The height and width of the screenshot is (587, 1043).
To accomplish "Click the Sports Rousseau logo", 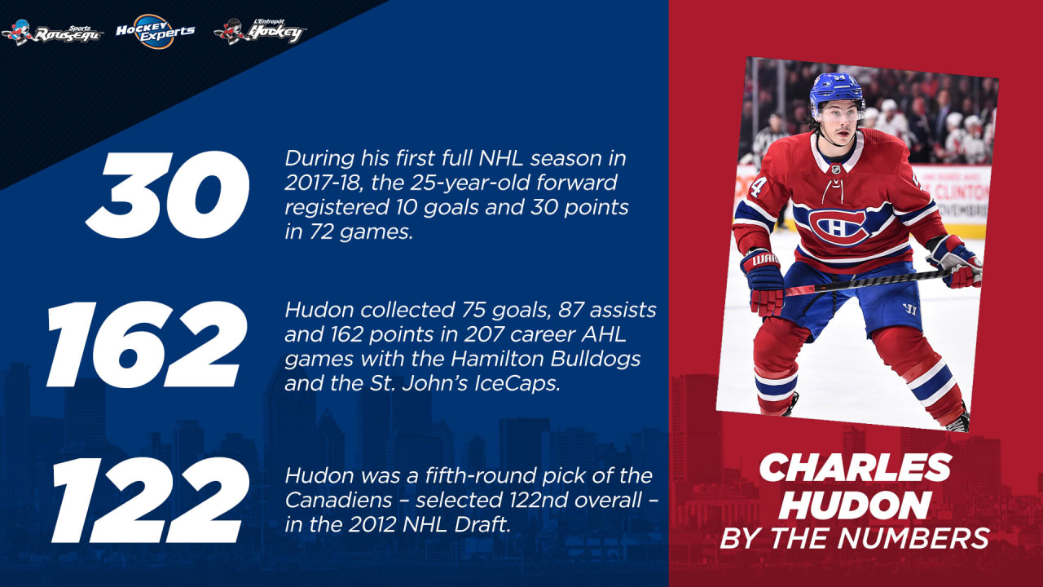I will tap(52, 32).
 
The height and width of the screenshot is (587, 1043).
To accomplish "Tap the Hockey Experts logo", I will tap(155, 31).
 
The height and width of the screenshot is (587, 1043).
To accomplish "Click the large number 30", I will tap(166, 194).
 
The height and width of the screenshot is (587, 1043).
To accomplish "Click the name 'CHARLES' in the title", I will tap(855, 468).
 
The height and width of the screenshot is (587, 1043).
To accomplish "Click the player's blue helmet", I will tap(835, 90).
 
